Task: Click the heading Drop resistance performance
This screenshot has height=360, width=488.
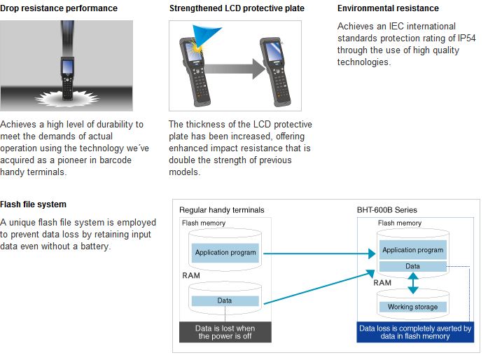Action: pos(59,8)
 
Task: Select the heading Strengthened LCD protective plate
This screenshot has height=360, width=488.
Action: pos(237,8)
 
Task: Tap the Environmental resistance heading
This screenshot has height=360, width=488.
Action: pos(388,8)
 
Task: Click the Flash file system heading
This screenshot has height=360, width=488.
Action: pos(34,205)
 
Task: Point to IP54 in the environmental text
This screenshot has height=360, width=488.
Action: pos(466,38)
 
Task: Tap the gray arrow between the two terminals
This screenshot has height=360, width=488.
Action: pos(235,69)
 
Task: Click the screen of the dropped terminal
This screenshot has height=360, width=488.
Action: pos(67,67)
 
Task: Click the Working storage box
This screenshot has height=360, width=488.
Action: pos(412,307)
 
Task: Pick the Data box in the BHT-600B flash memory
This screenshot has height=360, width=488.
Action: pos(412,266)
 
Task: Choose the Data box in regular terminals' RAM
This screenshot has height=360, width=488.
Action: pos(225,300)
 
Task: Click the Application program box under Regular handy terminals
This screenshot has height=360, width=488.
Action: pos(225,253)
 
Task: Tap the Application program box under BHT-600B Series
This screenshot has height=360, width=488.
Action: pos(412,250)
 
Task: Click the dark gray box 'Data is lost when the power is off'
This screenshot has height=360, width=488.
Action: pos(225,332)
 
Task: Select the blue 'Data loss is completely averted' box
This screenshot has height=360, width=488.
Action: pos(415,332)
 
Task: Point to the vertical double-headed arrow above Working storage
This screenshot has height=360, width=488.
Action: pos(413,283)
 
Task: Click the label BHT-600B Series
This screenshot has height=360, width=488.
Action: pos(387,210)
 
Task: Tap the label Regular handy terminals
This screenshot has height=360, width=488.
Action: pos(221,210)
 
